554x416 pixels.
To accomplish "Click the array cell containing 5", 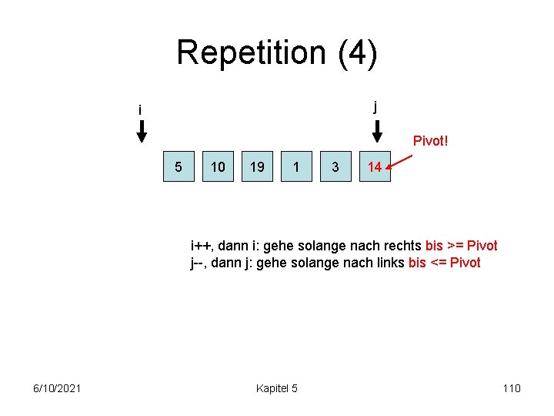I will (179, 166).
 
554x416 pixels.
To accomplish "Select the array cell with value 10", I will (218, 166).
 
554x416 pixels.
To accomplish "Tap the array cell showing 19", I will (257, 166).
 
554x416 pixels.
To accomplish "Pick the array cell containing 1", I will (296, 166).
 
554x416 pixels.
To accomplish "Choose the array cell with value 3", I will (335, 166).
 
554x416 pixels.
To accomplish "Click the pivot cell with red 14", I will (375, 166).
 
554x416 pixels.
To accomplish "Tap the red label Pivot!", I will (430, 141).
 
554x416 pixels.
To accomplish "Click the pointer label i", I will (140, 111).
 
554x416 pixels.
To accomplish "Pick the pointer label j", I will (375, 106).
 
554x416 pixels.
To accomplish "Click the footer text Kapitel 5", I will (277, 387).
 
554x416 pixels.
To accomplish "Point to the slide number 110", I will (512, 387).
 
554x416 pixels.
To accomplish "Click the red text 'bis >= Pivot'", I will (461, 246).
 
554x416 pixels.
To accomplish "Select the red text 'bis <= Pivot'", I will (444, 263).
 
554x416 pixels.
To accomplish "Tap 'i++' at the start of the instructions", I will (202, 246).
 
